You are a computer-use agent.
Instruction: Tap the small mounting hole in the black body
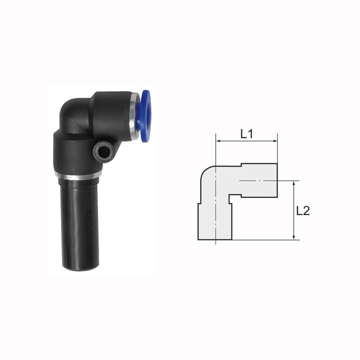[x=104, y=153]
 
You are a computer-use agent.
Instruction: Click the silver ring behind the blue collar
[x=133, y=116]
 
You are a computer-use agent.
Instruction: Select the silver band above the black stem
[x=78, y=176]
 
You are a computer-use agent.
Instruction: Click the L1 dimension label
[x=247, y=134]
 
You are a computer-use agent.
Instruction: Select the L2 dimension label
[x=303, y=211]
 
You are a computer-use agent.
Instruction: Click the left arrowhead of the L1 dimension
[x=218, y=141]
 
